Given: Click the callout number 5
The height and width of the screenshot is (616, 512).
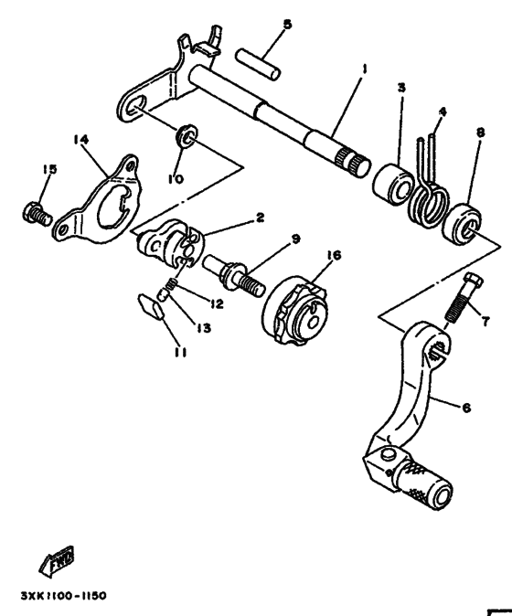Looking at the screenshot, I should pos(287,24).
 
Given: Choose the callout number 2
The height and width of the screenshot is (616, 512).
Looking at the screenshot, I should pos(260,218).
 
